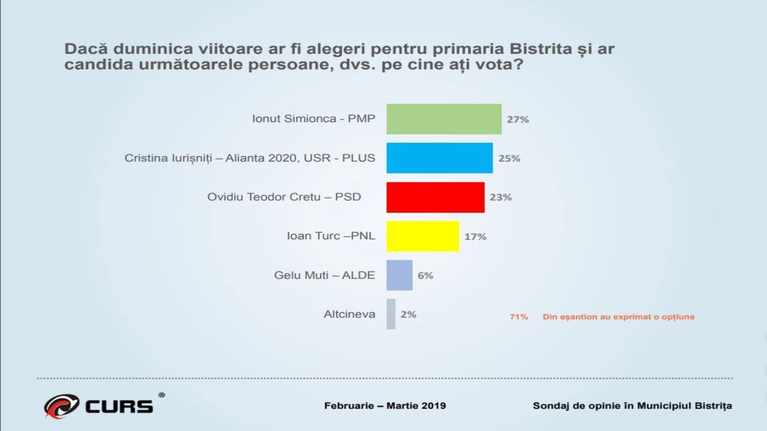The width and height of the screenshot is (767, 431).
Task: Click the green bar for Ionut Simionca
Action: [444, 119]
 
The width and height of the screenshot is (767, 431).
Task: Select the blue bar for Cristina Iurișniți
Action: [440, 158]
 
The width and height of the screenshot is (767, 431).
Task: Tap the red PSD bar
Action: [435, 197]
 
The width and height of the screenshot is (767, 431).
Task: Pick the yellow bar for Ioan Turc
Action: [423, 236]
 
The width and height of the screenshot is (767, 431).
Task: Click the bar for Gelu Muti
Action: [399, 275]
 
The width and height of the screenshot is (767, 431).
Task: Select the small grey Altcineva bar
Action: [391, 314]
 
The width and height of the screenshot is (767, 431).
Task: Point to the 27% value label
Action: [518, 119]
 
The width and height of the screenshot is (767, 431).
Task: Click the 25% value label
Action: [509, 159]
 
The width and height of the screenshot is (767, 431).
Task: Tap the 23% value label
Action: [500, 197]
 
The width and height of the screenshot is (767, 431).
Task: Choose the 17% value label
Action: [475, 237]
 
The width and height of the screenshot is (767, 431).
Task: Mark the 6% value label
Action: [425, 275]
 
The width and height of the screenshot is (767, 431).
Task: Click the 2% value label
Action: [408, 315]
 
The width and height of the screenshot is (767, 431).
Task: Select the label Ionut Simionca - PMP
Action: [314, 119]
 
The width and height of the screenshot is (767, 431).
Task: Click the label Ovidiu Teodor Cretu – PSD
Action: [284, 197]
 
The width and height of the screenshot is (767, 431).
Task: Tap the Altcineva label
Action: [349, 314]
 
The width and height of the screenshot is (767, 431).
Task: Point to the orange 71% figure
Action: [519, 317]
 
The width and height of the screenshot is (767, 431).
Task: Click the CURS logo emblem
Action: [61, 406]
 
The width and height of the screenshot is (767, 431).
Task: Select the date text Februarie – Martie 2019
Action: [385, 406]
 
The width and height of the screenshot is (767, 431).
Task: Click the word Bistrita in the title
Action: [541, 49]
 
